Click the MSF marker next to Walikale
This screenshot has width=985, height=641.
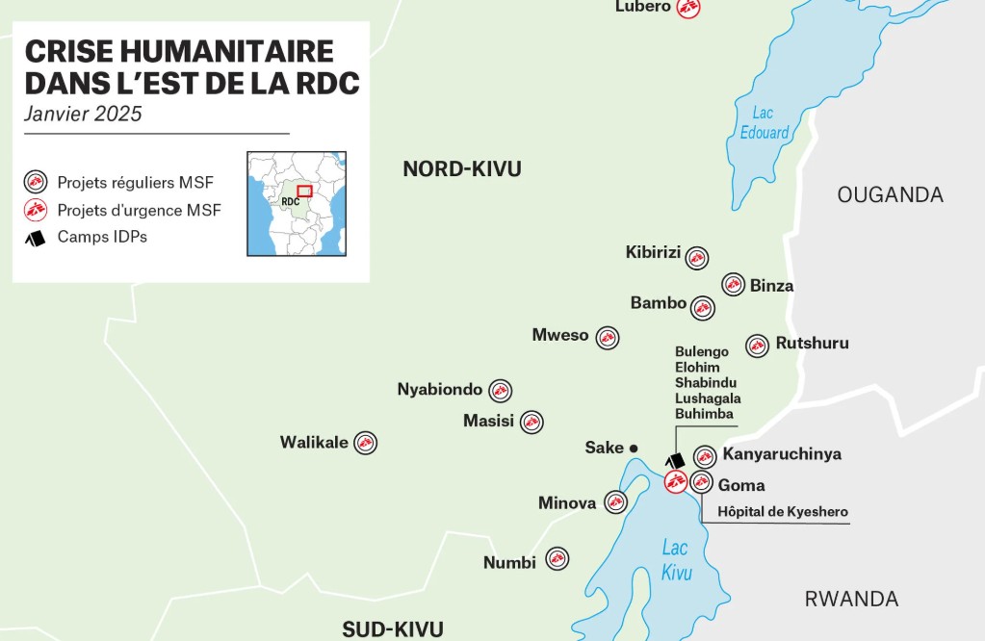point(366,443)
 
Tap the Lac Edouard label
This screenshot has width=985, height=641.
point(765,123)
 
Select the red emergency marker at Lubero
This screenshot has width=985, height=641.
point(687,8)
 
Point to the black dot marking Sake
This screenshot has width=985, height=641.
point(634,449)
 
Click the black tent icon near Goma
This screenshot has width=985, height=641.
point(676,461)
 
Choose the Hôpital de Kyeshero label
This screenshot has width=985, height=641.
point(783,512)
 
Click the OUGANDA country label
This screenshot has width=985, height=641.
point(890,195)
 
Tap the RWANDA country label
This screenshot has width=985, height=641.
point(851,599)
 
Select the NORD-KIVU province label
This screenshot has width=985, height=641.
point(462,169)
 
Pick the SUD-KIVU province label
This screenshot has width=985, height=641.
point(393,629)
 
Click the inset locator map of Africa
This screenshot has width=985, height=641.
point(297,203)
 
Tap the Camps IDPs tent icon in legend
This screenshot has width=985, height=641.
point(36,237)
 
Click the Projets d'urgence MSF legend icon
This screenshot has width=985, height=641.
point(36,210)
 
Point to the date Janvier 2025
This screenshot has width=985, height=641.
point(84,114)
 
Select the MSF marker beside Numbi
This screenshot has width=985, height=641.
point(557,559)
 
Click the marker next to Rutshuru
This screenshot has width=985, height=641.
point(758,346)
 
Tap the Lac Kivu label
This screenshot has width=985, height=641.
point(676,560)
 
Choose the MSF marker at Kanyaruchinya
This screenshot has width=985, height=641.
point(705,456)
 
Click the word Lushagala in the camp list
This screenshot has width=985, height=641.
point(708,398)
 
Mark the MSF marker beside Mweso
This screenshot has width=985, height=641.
point(607,337)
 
